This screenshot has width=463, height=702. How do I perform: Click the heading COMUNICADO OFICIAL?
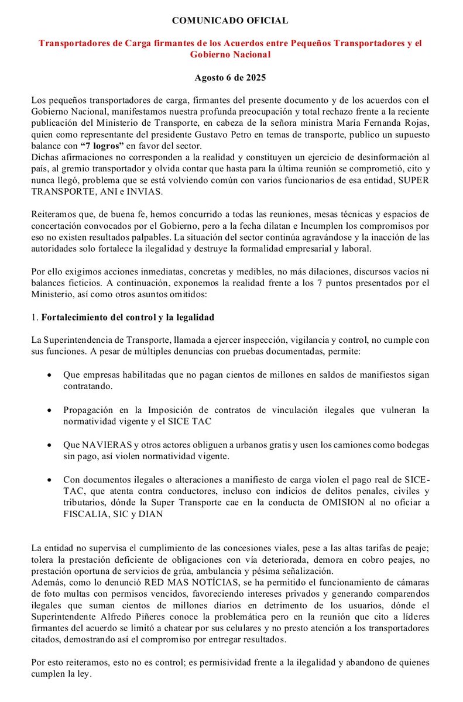coord(229,20)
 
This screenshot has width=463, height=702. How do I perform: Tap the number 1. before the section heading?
coord(35,318)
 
